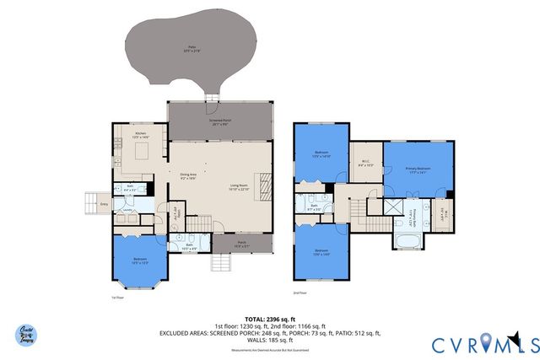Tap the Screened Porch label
pyautogui.click(x=222, y=121)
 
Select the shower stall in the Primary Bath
pyautogui.click(x=391, y=207)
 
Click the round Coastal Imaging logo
pyautogui.click(x=28, y=334)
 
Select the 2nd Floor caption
pyautogui.click(x=299, y=293)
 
